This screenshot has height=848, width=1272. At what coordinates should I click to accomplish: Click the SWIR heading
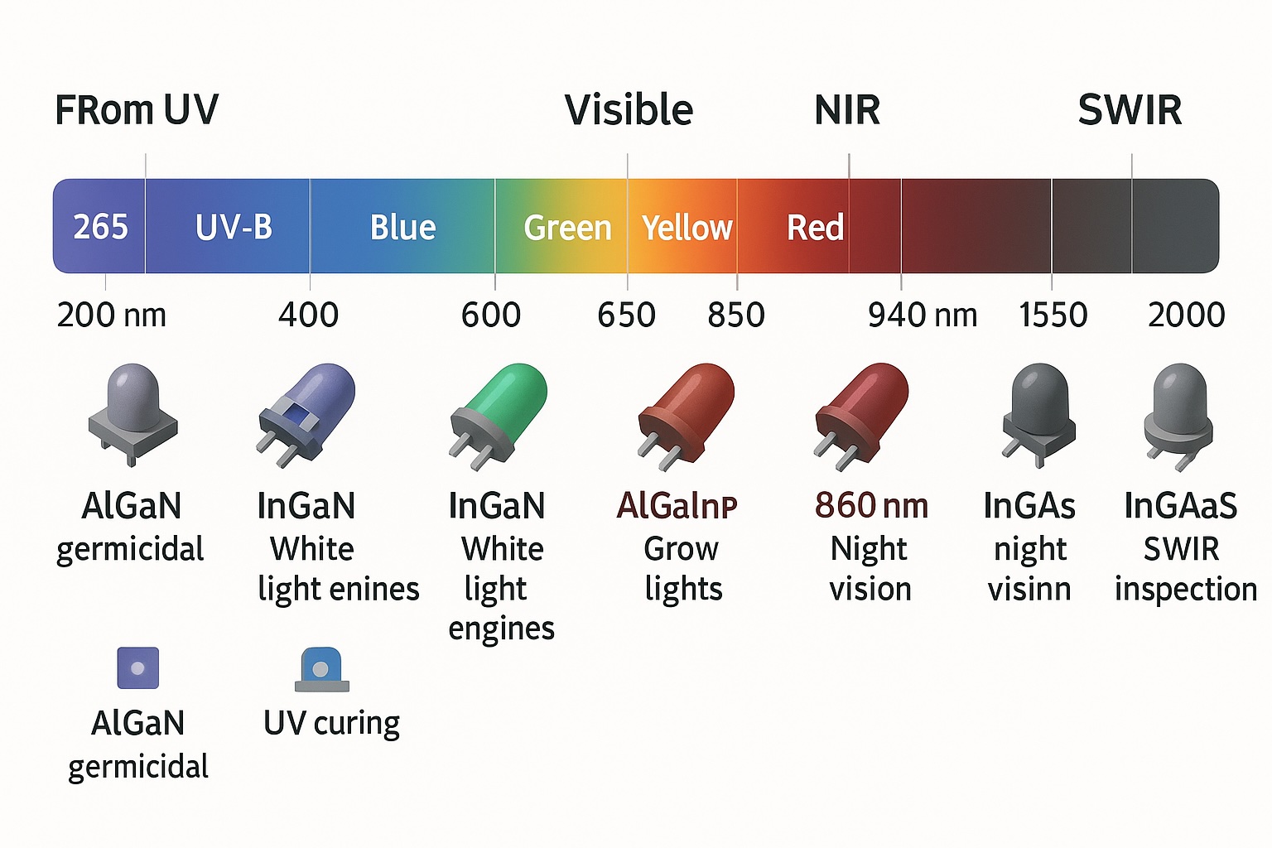tap(1130, 110)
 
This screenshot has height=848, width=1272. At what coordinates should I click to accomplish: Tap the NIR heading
tap(847, 110)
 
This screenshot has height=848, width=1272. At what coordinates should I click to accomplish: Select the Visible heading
tap(629, 110)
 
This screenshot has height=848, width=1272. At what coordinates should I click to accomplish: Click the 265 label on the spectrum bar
tap(100, 227)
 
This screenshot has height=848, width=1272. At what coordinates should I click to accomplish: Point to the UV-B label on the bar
tap(234, 227)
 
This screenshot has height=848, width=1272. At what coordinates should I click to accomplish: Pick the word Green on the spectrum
tap(567, 228)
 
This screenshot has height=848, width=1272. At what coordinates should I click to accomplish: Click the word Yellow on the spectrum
tap(687, 228)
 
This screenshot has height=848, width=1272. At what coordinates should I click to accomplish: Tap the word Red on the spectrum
tap(815, 228)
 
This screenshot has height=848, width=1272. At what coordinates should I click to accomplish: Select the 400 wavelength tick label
tap(308, 316)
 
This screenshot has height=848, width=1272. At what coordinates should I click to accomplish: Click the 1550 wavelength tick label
tap(1053, 316)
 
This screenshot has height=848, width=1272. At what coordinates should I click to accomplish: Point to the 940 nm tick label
tap(922, 316)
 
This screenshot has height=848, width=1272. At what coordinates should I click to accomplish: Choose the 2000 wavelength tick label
tap(1186, 316)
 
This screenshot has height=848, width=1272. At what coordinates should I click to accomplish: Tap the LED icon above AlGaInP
tap(687, 409)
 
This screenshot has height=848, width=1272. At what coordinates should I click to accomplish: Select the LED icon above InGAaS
tap(1178, 409)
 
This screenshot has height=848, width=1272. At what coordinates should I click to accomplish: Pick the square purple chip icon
tap(137, 667)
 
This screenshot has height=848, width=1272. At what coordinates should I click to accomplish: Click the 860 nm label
tap(871, 505)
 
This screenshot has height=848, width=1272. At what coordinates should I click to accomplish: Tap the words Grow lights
tap(682, 569)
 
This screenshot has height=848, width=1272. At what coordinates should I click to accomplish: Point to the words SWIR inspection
tap(1184, 569)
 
